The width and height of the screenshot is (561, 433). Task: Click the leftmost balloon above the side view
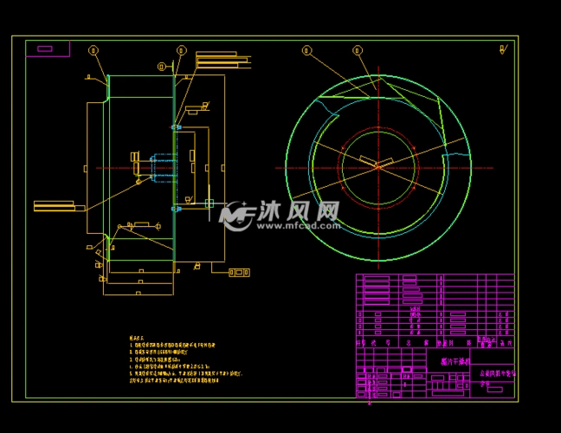click(x=93, y=50)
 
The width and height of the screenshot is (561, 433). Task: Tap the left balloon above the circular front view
click(x=306, y=50)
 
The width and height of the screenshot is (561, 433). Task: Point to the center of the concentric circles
click(x=378, y=167)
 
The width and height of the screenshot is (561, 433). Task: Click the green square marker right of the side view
click(x=209, y=204)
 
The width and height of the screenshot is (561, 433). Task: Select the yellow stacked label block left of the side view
click(x=54, y=205)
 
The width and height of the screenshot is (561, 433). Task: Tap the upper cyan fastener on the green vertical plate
click(x=176, y=127)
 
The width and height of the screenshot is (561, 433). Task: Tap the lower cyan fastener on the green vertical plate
click(x=176, y=208)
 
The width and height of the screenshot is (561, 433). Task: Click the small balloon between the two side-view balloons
click(x=161, y=66)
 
